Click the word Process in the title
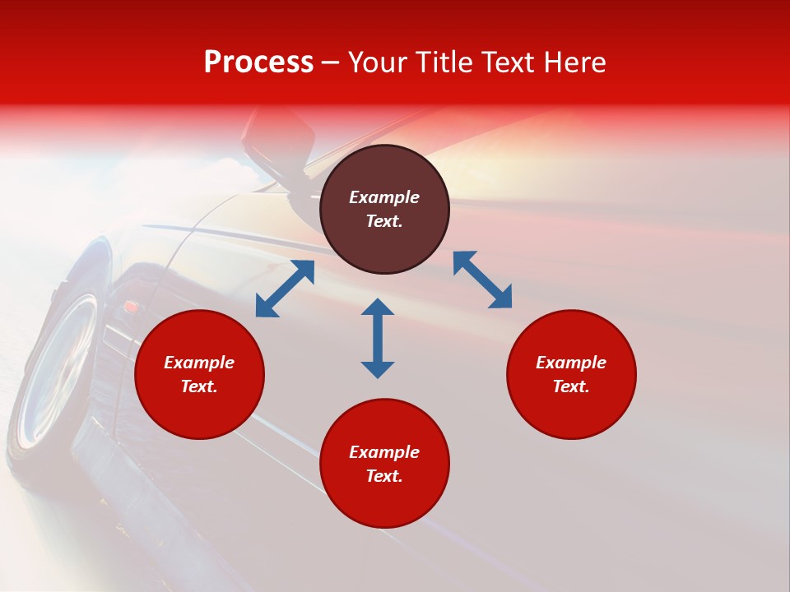(258, 62)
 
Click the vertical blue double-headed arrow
(378, 338)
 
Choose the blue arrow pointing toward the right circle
(483, 280)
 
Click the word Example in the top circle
(384, 197)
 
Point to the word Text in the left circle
(199, 386)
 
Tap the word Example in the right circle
(571, 363)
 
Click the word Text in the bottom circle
(384, 476)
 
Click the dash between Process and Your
(331, 63)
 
